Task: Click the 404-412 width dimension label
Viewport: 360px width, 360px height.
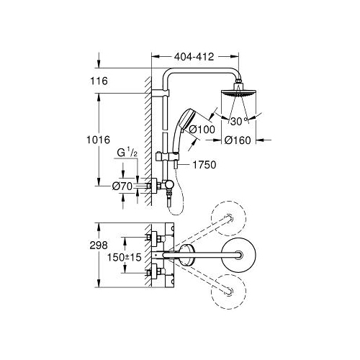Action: pos(194,57)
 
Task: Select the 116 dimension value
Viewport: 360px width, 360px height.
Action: pos(99,81)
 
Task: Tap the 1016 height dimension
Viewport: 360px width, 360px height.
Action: pos(99,140)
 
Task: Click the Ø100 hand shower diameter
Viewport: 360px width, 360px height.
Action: pos(202,130)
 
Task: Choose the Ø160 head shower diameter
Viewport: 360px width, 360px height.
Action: pos(238,140)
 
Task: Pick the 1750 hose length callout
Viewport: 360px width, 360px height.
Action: pos(204,165)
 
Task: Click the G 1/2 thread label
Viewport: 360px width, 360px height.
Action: pos(127,153)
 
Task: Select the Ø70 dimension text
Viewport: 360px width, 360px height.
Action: pos(122,186)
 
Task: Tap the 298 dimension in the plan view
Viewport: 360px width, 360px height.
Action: pos(99,246)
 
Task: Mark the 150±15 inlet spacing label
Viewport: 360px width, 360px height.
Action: pos(125,258)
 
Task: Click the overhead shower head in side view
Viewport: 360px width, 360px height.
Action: pos(238,91)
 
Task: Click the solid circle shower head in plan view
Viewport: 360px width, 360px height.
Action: pos(238,255)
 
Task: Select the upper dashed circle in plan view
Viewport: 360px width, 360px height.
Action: pos(228,218)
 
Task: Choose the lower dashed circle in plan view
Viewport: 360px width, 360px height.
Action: pos(228,292)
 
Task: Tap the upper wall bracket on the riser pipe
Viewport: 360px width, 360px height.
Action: pos(161,92)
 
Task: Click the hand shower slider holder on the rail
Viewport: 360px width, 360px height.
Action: pos(167,156)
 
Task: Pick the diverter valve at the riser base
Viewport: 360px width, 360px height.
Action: pos(168,185)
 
